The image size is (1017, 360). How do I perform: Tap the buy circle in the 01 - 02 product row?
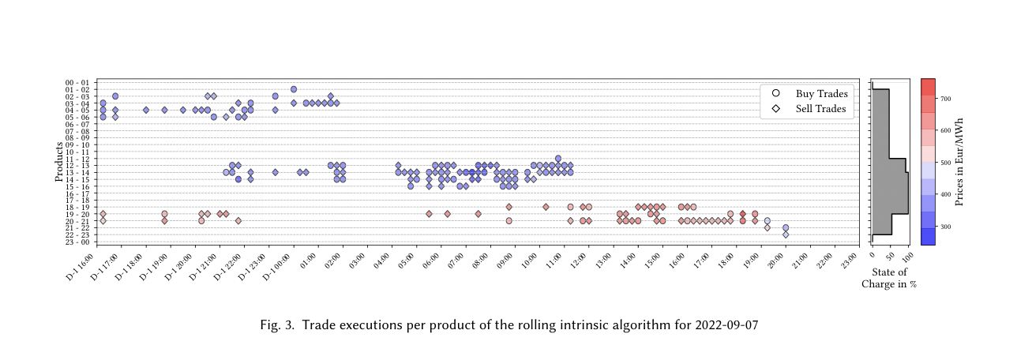(294, 89)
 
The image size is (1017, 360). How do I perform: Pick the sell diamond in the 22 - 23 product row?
(786, 234)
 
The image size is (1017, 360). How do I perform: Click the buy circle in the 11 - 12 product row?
(558, 159)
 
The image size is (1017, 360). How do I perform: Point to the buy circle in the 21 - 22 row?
(786, 227)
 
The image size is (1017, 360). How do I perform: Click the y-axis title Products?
(59, 162)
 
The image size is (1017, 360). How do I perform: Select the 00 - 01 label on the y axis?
(81, 83)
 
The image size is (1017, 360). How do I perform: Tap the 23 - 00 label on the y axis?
(81, 242)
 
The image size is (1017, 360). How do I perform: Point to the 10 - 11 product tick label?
(81, 152)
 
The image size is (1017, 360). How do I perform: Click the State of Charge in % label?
(889, 278)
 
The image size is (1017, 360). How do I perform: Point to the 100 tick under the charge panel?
(908, 255)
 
